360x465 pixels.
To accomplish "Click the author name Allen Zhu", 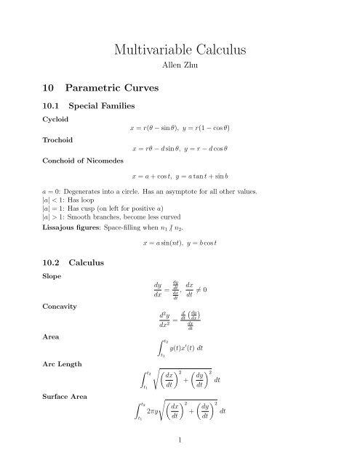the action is tap(179, 73).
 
